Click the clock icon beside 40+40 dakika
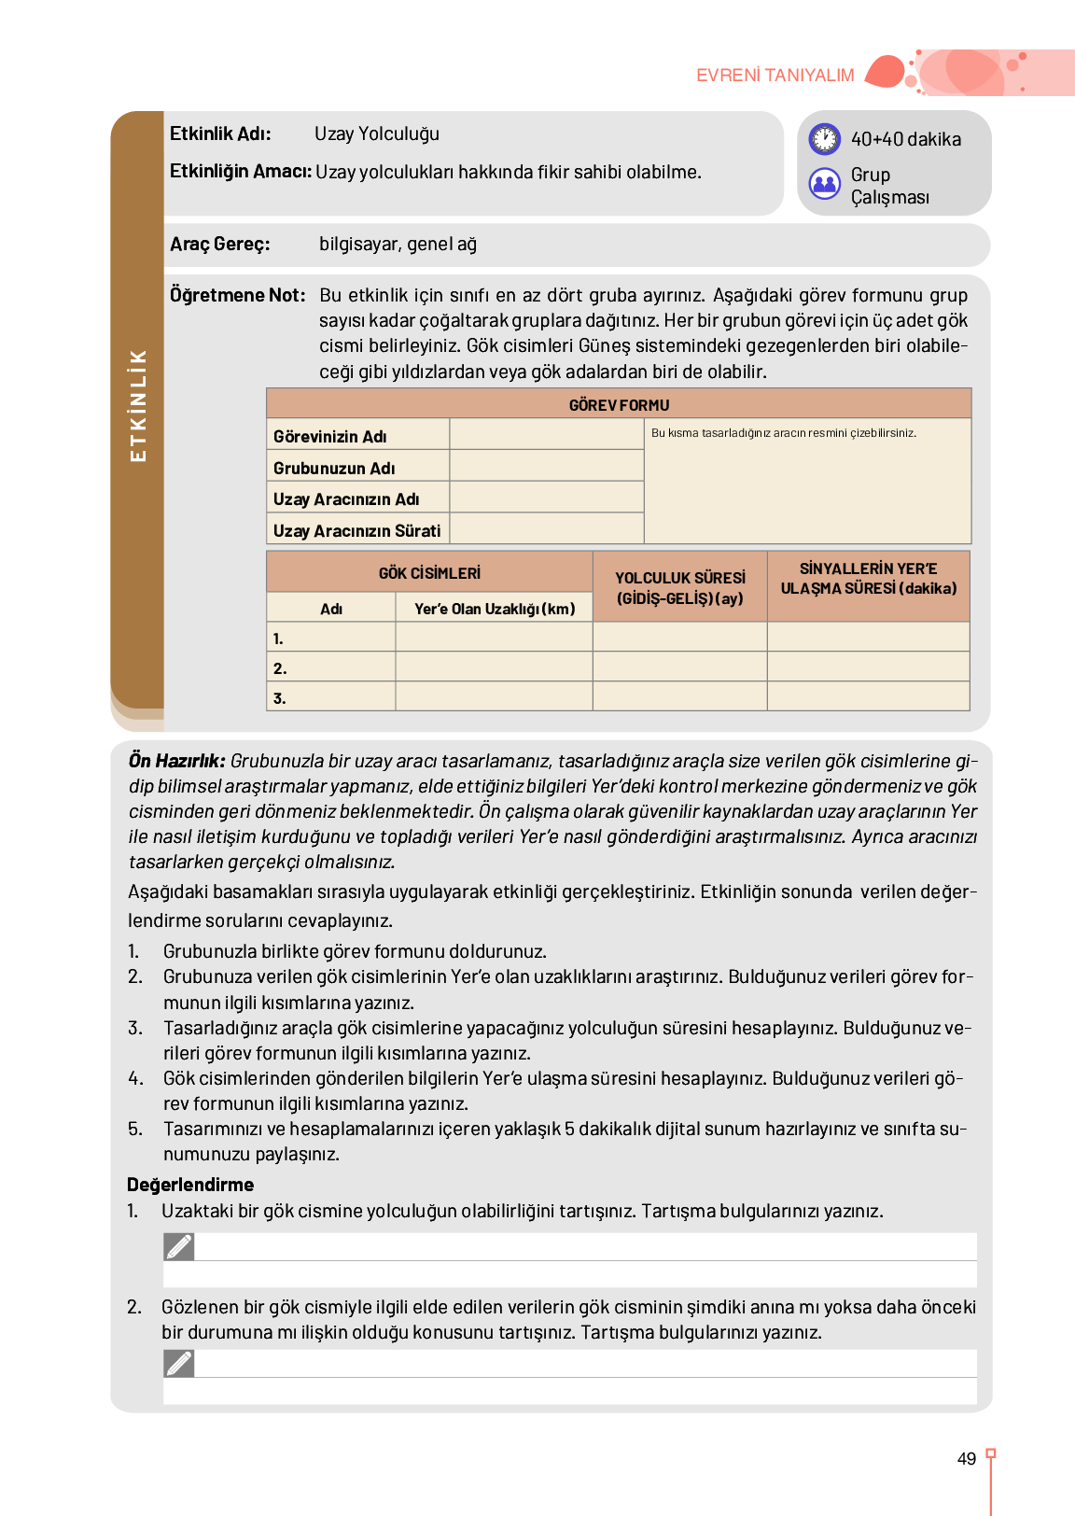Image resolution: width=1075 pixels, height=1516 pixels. tap(825, 139)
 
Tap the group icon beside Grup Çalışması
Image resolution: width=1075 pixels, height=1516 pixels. tap(825, 184)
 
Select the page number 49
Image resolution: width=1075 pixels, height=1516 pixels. tap(967, 1459)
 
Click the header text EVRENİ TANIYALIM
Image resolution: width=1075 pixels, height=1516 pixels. tap(775, 76)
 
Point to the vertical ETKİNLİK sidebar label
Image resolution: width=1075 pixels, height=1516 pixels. tap(138, 405)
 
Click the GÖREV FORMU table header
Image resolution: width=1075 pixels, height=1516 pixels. tap(619, 405)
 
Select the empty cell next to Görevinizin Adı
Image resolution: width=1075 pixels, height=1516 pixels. tap(547, 435)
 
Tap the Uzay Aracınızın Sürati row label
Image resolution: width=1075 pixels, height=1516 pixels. tap(356, 531)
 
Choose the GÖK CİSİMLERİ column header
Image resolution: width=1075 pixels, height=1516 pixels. tap(429, 572)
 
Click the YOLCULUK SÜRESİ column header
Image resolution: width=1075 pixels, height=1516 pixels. tap(679, 587)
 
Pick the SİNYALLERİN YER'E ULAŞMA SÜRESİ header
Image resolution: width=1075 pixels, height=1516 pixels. tap(868, 579)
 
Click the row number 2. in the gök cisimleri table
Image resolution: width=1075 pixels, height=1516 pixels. tap(280, 668)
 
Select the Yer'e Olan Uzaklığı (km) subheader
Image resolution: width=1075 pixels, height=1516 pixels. tap(495, 609)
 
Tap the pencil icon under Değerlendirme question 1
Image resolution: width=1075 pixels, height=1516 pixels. tap(179, 1247)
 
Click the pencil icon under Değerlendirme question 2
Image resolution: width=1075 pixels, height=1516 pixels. tap(179, 1364)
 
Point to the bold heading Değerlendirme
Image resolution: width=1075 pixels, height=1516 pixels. tap(190, 1185)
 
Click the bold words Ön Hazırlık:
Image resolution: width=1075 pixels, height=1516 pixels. tap(176, 761)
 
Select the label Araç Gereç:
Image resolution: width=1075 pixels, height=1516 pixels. tap(220, 245)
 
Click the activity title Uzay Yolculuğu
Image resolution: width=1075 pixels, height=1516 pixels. tap(377, 134)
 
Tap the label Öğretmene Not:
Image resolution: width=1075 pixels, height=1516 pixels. tap(237, 296)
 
